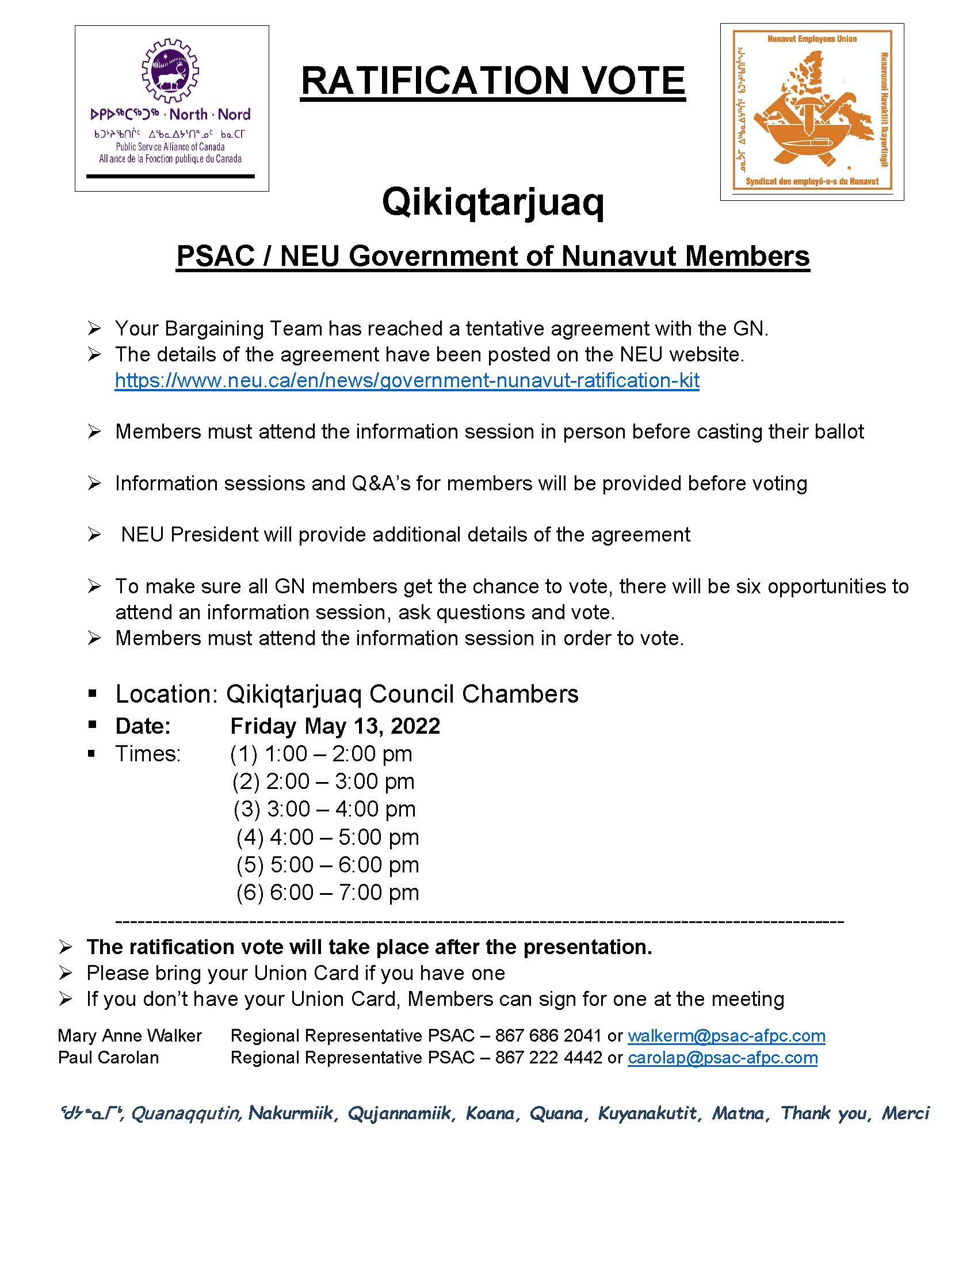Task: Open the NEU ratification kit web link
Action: coord(407,380)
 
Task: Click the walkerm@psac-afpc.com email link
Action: coord(726,1036)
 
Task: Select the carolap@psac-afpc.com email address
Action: coord(723,1058)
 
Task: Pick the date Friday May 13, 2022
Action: coord(335,726)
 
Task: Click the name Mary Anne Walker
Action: coord(130,1036)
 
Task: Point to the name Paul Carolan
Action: coord(108,1058)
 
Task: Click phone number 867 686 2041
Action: coord(548,1036)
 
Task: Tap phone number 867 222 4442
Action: coord(548,1058)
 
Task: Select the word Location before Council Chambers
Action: coord(163,694)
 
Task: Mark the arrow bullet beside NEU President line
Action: coord(94,535)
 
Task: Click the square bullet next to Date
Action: coord(92,724)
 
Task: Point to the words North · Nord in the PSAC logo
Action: coord(210,114)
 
